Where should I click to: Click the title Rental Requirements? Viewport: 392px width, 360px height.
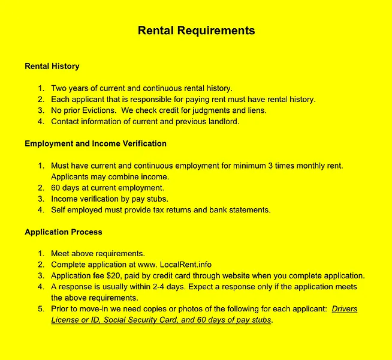pyautogui.click(x=196, y=31)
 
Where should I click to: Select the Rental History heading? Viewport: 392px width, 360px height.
pyautogui.click(x=52, y=66)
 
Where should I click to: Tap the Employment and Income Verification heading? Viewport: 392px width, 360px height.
pyautogui.click(x=95, y=143)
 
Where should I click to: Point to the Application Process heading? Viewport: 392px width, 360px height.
pyautogui.click(x=63, y=232)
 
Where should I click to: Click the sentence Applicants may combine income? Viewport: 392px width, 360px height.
pyautogui.click(x=110, y=176)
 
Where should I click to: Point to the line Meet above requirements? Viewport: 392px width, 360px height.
pyautogui.click(x=98, y=253)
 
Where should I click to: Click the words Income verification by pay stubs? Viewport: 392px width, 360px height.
pyautogui.click(x=109, y=199)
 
